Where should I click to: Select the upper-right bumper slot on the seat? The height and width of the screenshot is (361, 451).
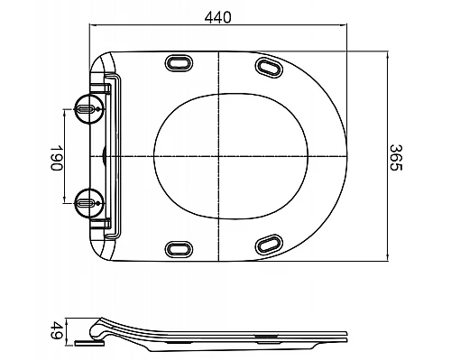(x=269, y=66)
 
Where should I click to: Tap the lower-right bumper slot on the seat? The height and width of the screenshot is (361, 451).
(x=269, y=245)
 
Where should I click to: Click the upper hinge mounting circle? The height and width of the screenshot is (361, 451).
(x=86, y=107)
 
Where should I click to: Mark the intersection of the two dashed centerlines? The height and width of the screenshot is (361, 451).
(x=219, y=156)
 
